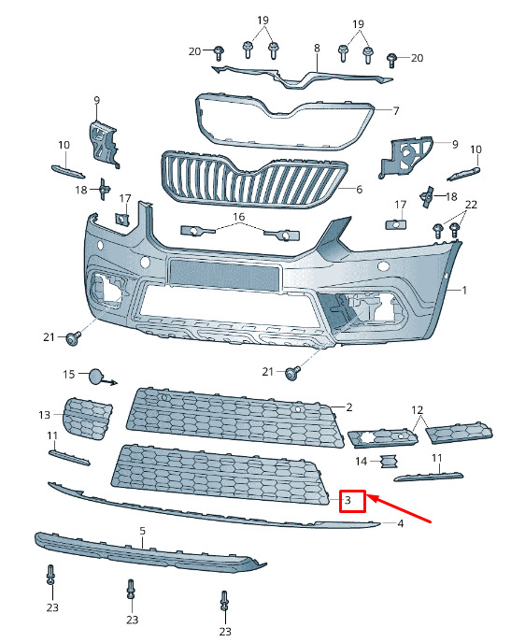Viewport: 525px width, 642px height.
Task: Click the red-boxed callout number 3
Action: (x=348, y=500)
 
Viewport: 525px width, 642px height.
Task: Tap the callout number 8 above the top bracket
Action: (x=317, y=49)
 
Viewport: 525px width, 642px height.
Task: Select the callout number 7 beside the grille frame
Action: (x=396, y=110)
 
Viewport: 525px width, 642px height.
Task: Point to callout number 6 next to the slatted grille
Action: (x=359, y=189)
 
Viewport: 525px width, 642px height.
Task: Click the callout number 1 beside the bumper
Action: (x=464, y=291)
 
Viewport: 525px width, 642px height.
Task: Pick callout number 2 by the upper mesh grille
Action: (x=349, y=407)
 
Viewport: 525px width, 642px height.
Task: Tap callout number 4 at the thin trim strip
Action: (x=400, y=523)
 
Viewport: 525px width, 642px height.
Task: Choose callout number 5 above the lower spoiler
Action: (x=142, y=531)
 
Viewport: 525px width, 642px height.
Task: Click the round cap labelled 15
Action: (x=96, y=377)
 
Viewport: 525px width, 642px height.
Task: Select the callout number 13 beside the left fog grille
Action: (x=44, y=415)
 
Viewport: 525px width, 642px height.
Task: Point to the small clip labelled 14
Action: (x=389, y=462)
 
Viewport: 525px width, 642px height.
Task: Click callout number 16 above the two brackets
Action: (x=239, y=216)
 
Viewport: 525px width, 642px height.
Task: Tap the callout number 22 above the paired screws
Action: (x=471, y=204)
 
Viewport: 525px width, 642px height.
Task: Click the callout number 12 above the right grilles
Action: (x=417, y=410)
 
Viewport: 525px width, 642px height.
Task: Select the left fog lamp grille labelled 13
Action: (x=87, y=419)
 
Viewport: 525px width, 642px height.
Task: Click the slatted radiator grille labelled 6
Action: (x=254, y=179)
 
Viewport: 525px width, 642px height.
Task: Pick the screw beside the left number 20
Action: (x=219, y=53)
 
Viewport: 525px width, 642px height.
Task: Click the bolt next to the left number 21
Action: (x=74, y=337)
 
